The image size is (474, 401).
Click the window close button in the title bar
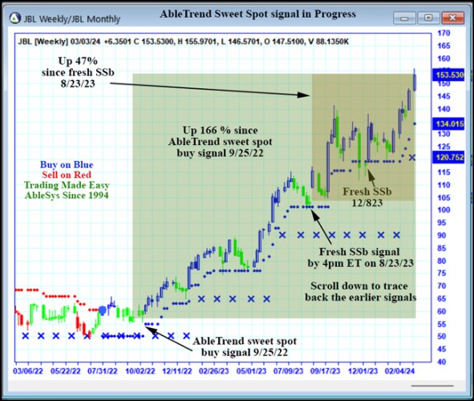pyautogui.click(x=453, y=15)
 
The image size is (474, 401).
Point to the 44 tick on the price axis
pyautogui.click(x=440, y=362)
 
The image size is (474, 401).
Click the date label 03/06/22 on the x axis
pyautogui.click(x=28, y=371)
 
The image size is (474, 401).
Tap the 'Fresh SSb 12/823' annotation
pyautogui.click(x=367, y=197)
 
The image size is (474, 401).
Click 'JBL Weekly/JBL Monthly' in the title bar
pyautogui.click(x=73, y=16)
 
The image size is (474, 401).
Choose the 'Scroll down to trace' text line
pyautogui.click(x=361, y=286)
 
